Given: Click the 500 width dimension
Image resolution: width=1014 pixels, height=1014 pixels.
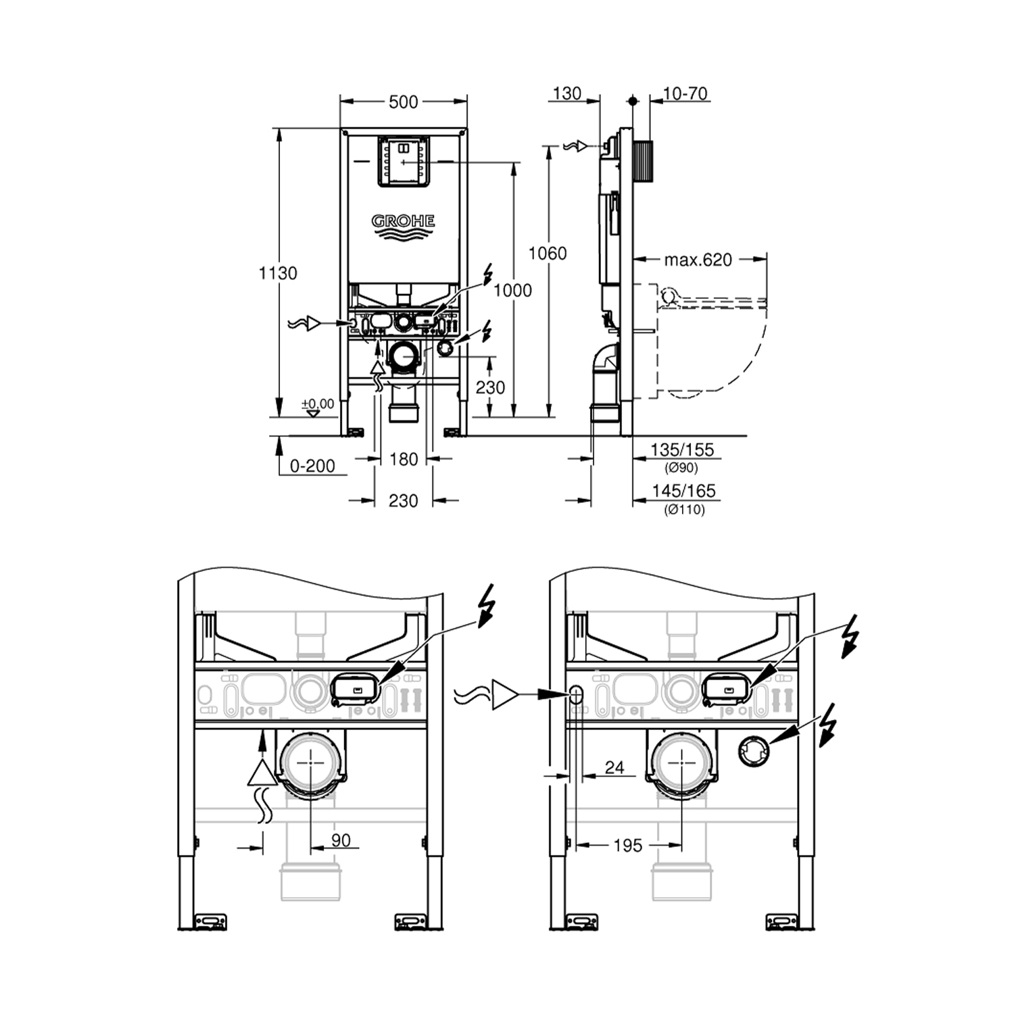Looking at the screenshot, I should click(403, 102).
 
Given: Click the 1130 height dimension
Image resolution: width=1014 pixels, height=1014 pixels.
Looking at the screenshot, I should click(278, 273).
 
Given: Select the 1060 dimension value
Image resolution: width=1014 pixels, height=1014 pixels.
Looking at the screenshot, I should click(547, 254).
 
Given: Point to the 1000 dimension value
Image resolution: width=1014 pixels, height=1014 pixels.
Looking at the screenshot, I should click(512, 290).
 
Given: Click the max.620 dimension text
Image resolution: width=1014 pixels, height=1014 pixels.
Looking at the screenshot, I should click(698, 260).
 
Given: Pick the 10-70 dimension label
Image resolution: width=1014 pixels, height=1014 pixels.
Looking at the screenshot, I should click(685, 93).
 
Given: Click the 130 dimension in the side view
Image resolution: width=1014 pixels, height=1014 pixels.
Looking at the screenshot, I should click(566, 93).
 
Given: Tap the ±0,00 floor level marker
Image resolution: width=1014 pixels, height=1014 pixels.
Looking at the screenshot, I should click(318, 404).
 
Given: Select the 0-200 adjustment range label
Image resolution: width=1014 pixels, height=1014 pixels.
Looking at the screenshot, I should click(312, 466).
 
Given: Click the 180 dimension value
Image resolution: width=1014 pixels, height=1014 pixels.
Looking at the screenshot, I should click(404, 460).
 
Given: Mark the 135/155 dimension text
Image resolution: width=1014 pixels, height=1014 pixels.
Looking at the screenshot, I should click(681, 450).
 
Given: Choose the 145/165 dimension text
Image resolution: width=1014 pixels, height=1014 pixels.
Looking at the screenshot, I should click(683, 491).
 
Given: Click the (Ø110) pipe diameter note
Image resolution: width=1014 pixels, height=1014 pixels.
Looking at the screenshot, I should click(684, 510).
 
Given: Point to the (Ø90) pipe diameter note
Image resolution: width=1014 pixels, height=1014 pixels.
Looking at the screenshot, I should click(681, 468).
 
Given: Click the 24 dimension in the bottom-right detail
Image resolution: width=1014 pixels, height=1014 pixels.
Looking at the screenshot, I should click(614, 767).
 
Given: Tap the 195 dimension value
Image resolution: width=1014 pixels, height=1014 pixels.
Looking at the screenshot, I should click(627, 845).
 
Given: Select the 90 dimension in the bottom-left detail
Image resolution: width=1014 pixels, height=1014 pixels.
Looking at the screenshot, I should click(341, 840).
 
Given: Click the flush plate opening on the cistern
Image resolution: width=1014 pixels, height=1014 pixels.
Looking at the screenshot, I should click(403, 161).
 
